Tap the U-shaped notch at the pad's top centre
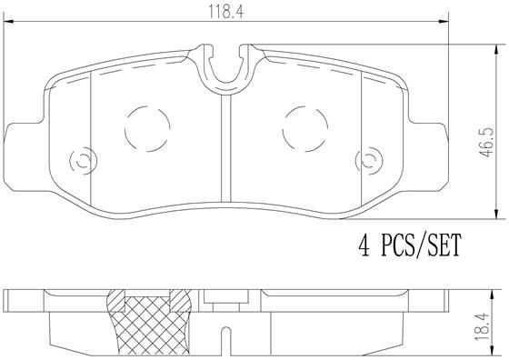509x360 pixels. (226, 67)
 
